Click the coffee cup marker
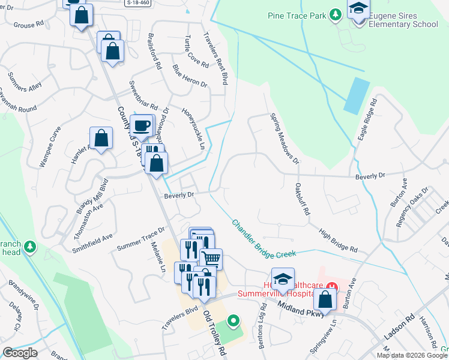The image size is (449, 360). coord(142,127)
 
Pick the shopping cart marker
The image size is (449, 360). coord(211,259)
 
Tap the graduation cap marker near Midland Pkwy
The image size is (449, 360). coord(283,279)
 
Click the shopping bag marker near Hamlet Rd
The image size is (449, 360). coord(101,137)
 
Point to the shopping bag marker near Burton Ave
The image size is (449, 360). coord(325,299)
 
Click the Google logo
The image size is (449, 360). coord(20,353)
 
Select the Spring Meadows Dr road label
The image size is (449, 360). coord(283,139)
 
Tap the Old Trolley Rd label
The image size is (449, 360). coord(214,334)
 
